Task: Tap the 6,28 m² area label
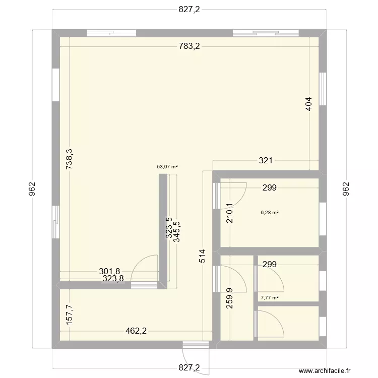click(x=269, y=213)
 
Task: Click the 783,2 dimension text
click(x=190, y=47)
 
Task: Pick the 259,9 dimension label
click(x=229, y=298)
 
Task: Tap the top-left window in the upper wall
click(x=111, y=33)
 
